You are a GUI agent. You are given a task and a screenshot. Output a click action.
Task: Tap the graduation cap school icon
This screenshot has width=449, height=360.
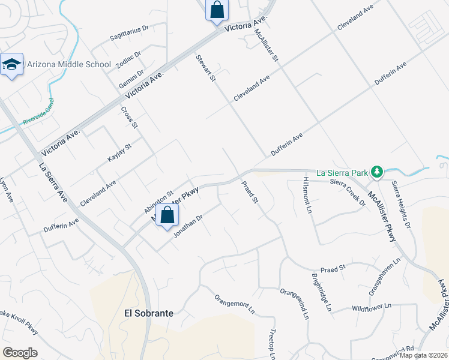click(11, 65)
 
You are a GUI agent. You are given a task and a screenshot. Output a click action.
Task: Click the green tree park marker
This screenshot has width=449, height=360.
click(376, 172)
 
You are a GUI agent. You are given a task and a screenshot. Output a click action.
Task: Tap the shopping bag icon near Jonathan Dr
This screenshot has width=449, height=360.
click(167, 216)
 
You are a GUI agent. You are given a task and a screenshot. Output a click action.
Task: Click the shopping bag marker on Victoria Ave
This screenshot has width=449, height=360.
click(217, 10)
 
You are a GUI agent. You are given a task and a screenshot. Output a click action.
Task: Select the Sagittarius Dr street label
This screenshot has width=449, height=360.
click(129, 32)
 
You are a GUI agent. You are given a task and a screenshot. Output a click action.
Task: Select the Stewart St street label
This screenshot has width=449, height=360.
click(205, 69)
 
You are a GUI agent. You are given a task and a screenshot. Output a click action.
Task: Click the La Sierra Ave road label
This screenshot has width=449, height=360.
click(53, 182)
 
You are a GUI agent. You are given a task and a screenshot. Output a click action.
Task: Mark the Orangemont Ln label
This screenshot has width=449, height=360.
click(235, 304)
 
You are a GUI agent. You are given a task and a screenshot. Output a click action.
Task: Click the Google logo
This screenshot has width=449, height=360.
click(20, 353)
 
